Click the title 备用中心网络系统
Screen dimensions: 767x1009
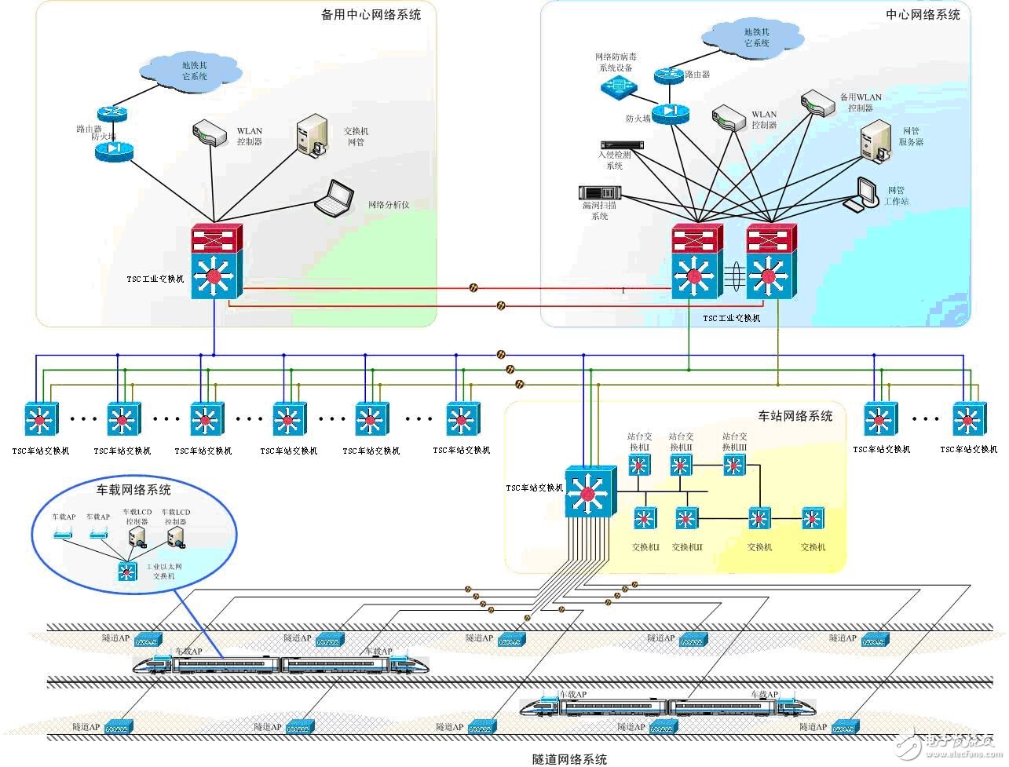click(371, 14)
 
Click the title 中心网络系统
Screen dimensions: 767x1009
click(923, 14)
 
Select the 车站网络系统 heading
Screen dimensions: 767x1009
click(795, 415)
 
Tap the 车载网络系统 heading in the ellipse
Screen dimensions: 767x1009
click(133, 490)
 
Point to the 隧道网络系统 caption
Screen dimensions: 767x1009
click(569, 759)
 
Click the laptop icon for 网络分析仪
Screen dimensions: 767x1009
click(335, 198)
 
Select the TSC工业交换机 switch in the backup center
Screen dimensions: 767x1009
click(218, 261)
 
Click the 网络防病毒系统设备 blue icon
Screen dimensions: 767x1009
click(618, 86)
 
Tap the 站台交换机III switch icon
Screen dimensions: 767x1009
click(733, 466)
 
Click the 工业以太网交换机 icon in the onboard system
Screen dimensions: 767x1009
click(127, 571)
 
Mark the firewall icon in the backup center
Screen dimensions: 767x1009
click(114, 149)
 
